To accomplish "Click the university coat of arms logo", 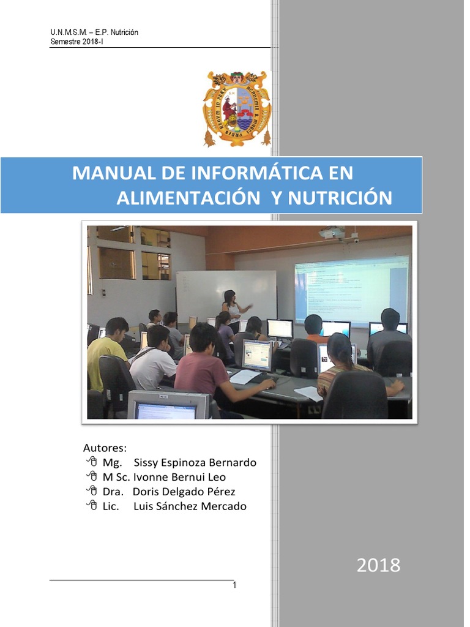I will click(236, 108).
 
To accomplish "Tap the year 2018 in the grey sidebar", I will click(379, 565).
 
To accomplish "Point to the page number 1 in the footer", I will click(234, 586).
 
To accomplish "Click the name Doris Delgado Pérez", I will click(184, 492).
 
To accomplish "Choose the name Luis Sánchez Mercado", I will click(190, 506).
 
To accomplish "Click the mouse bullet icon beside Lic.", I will click(92, 506).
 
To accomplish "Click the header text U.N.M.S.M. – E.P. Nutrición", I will click(94, 32).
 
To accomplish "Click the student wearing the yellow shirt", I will click(107, 355).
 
